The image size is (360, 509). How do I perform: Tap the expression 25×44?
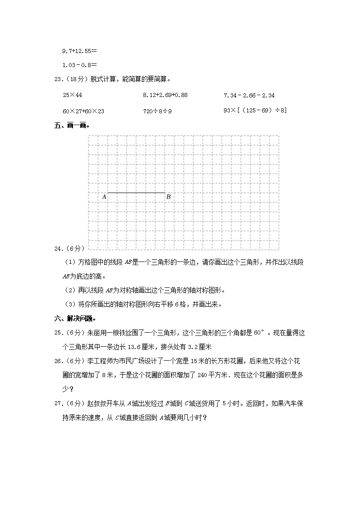pos(72,96)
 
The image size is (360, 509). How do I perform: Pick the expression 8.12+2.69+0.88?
pos(165,96)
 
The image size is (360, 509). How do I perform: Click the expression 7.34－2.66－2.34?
pos(249,96)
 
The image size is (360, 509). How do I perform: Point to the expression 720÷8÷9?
pos(157,111)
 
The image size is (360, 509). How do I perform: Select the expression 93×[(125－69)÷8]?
pos(255,111)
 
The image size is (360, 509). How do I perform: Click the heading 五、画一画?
pos(71,126)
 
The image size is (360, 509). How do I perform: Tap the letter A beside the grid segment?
pos(104,197)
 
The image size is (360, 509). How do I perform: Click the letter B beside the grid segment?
pos(169,197)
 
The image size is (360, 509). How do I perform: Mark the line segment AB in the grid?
pos(136,193)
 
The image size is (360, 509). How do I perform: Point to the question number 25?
pos(58,333)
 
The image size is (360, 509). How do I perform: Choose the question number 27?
pos(58,404)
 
